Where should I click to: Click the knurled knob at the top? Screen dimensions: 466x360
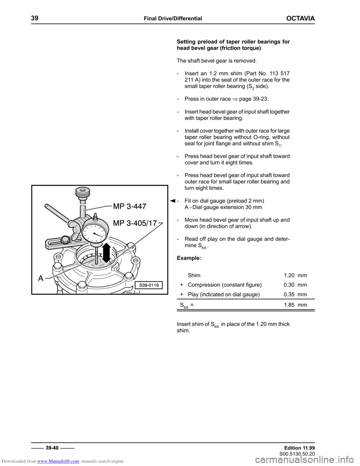point(82,194)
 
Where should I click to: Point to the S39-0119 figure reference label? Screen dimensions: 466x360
point(149,285)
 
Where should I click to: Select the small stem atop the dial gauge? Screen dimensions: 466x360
point(95,216)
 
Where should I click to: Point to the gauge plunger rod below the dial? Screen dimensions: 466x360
point(96,255)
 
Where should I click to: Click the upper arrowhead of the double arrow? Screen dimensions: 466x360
point(108,245)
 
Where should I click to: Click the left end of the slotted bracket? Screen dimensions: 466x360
point(48,246)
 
